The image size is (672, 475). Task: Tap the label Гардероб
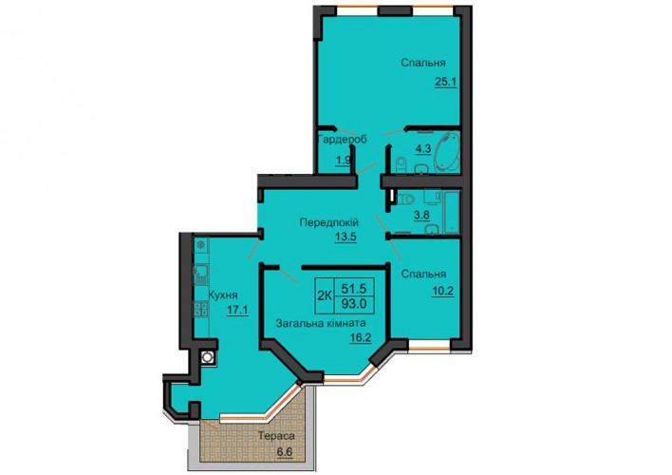pyautogui.click(x=343, y=140)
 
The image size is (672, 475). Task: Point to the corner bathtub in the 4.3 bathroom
pyautogui.click(x=446, y=151)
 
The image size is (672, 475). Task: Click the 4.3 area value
pyautogui.click(x=422, y=148)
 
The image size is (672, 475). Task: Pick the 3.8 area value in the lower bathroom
pyautogui.click(x=421, y=215)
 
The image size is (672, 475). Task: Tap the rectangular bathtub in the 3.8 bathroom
pyautogui.click(x=451, y=213)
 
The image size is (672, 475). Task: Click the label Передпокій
pyautogui.click(x=328, y=222)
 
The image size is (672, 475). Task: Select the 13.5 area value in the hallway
pyautogui.click(x=345, y=237)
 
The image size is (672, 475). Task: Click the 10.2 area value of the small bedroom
pyautogui.click(x=442, y=291)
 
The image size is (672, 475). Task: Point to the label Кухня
pyautogui.click(x=223, y=294)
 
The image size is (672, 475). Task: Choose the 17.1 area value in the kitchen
pyautogui.click(x=237, y=310)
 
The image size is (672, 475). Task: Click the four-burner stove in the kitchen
pyautogui.click(x=201, y=310)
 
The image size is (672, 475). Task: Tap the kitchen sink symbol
pyautogui.click(x=200, y=275)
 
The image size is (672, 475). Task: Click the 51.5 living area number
pyautogui.click(x=354, y=288)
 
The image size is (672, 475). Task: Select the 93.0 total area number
pyautogui.click(x=354, y=304)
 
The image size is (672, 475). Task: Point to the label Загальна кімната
pyautogui.click(x=321, y=323)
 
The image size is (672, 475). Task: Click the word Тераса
pyautogui.click(x=276, y=436)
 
